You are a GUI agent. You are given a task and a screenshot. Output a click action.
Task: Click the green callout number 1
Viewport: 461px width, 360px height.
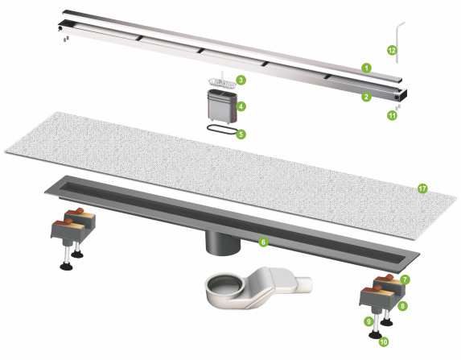pos(366,68)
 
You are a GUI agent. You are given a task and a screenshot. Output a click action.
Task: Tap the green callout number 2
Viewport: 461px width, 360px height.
pos(366,97)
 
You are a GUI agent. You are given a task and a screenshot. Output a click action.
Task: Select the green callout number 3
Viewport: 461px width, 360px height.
pos(241,80)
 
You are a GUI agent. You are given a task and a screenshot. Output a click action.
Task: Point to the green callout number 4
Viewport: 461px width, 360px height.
pos(241,106)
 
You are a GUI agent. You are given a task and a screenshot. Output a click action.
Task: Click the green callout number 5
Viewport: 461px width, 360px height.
pos(241,134)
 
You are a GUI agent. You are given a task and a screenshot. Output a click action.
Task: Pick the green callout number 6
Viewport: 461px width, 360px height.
pos(263,242)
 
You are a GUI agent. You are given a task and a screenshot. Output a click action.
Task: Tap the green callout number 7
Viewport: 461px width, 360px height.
pos(405,279)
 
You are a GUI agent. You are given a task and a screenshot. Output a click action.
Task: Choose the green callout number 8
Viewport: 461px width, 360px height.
pos(402,306)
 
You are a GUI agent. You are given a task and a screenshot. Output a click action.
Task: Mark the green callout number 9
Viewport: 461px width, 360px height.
pos(368,321)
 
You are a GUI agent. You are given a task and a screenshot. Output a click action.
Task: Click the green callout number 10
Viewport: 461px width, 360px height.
pos(384,341)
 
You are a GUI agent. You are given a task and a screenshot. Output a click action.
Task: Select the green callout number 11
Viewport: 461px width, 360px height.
pos(392,115)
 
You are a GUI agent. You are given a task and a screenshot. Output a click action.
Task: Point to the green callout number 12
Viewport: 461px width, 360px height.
pos(392,50)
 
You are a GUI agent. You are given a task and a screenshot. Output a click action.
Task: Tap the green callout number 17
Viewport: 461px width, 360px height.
pos(422,188)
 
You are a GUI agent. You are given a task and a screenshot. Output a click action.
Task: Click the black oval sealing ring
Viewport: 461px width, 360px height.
pos(223,126)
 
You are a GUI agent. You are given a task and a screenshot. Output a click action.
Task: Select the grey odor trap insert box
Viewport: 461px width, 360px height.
pos(222,106)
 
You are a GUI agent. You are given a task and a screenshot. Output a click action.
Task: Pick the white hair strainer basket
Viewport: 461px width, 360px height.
pos(222,81)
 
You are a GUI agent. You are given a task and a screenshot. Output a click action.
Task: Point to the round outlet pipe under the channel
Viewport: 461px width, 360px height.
pos(223,242)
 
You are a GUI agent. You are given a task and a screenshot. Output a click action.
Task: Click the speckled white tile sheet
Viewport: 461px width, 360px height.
pos(231,174)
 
